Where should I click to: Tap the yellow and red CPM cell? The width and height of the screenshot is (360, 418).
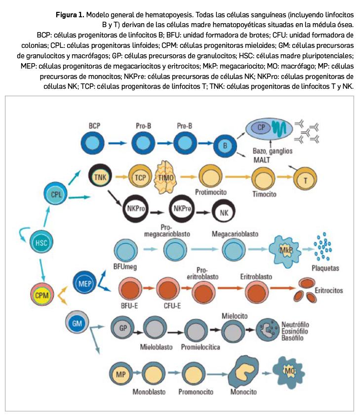coord(40,295)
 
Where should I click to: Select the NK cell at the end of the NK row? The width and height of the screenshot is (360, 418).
coord(225,213)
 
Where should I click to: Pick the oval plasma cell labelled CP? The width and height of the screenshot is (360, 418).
coord(269,127)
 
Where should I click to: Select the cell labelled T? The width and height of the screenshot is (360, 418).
coord(305,180)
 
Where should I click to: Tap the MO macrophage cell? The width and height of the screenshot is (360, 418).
coord(288,370)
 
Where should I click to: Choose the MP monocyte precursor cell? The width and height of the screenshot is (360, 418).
coord(120,374)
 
